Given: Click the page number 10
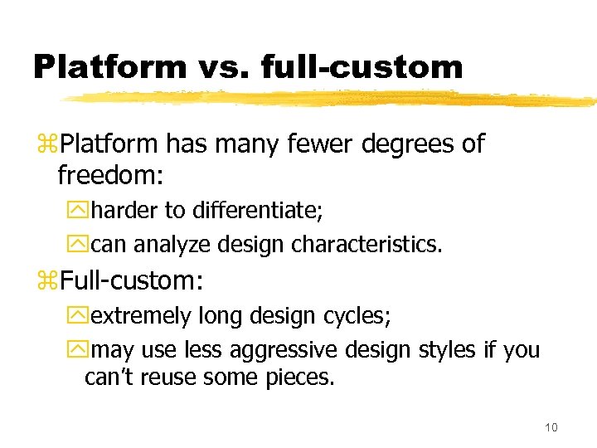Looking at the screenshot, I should pos(551,427).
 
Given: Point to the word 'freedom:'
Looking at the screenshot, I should pos(104,175).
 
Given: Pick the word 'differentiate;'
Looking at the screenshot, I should pos(258,211).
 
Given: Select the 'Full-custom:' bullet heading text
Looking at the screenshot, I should pos(131,280).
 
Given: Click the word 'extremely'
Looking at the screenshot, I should pos(142,316).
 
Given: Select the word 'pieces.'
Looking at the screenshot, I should pos(301,378).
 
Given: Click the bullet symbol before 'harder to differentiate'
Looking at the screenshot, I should pos(81,212).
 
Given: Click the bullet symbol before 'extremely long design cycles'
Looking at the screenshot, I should pos(81,317).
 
